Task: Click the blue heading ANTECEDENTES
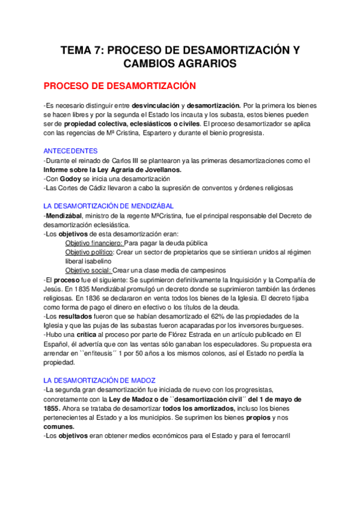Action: [x=71, y=152]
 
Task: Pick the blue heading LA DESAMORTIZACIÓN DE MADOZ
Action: [x=100, y=380]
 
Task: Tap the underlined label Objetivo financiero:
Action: [x=93, y=242]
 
